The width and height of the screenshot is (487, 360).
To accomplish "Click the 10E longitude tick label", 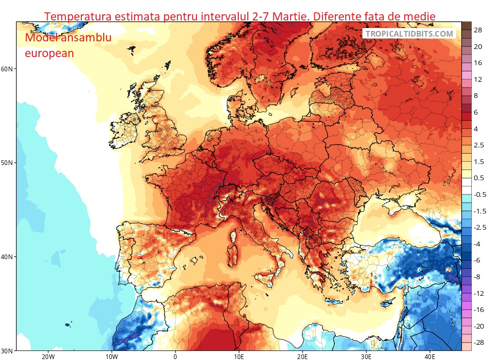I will (239, 357).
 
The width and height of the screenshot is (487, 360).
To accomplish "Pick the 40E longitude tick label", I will (429, 357).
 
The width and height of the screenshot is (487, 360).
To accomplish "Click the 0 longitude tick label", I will (175, 357).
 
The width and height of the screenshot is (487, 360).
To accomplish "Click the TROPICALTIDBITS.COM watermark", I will (409, 34).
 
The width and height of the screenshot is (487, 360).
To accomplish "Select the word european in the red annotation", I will (49, 53).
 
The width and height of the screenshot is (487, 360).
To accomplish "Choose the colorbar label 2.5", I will (478, 145).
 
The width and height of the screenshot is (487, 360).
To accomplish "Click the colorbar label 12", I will (478, 79).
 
